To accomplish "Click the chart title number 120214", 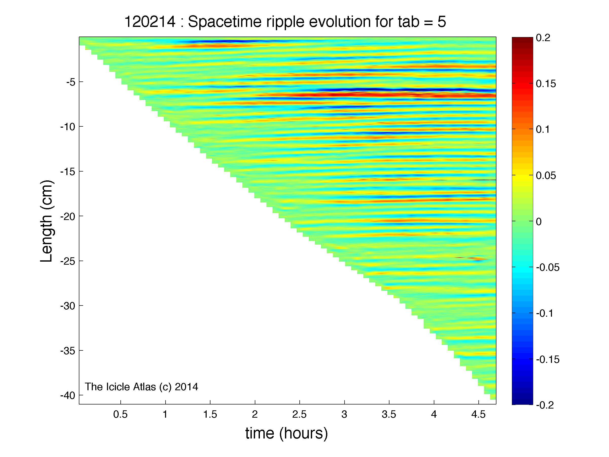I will coord(150,22).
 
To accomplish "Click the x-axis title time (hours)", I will coord(286,433).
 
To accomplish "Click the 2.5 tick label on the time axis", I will coord(299,415).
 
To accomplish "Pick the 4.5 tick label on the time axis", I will coord(478,415).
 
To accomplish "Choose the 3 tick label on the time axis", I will coord(344,415).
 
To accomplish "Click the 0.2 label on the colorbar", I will coord(543,38).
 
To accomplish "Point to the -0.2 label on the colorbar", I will coord(545,405).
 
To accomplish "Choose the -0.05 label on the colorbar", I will coord(547,267).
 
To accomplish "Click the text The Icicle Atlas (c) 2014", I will coord(141,387).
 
